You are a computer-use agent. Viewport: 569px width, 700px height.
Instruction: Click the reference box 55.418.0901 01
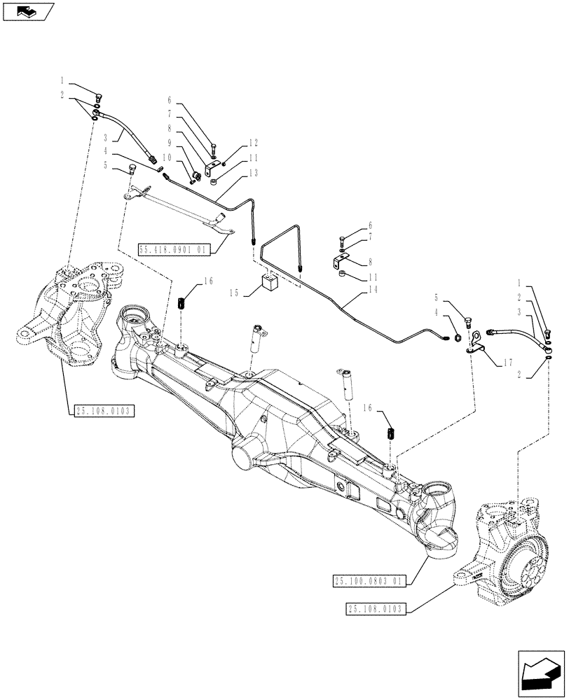174,248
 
